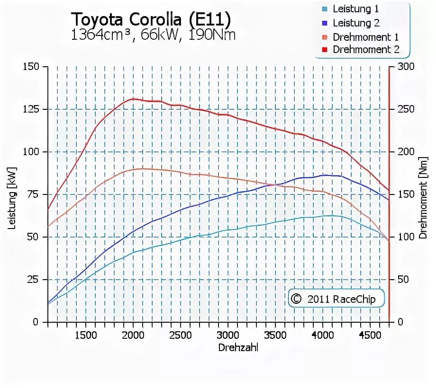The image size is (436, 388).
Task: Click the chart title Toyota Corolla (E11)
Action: tap(151, 19)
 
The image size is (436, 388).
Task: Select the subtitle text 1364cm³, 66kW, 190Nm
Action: tap(153, 35)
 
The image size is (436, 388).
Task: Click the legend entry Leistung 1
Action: tap(355, 9)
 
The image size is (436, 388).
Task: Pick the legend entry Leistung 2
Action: tap(355, 23)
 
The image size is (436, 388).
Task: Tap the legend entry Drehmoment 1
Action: tap(365, 36)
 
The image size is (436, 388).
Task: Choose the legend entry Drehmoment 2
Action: tap(365, 49)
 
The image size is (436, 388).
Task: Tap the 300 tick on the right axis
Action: tap(407, 67)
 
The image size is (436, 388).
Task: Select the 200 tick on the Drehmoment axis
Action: tap(407, 152)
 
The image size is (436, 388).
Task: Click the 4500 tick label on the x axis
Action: tap(370, 335)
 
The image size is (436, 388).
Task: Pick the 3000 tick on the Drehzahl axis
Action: tap(228, 335)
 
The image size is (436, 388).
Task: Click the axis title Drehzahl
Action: tap(238, 348)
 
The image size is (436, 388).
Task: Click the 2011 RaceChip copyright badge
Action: tap(336, 299)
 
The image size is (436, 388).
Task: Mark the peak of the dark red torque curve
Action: tap(133, 98)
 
